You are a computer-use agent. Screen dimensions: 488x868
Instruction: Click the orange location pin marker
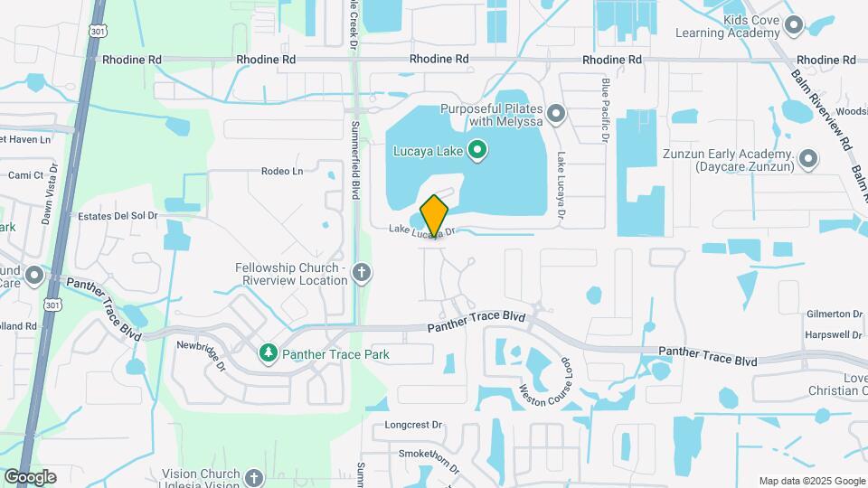click(x=434, y=215)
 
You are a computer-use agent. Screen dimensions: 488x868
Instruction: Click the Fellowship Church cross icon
click(x=362, y=272)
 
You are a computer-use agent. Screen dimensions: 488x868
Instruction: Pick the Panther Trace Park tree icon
click(x=268, y=353)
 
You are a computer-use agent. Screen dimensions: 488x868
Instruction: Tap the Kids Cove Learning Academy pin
click(x=795, y=24)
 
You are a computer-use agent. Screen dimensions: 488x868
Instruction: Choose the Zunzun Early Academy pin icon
click(x=808, y=160)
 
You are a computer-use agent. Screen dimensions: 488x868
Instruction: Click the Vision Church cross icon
click(x=254, y=477)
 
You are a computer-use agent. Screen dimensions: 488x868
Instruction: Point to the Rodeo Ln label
click(x=281, y=171)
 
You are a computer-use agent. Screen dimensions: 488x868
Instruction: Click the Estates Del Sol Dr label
click(x=118, y=216)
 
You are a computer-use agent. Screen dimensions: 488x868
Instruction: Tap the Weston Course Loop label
click(x=546, y=380)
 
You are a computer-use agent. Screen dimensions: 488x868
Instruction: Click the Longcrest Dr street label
click(x=413, y=424)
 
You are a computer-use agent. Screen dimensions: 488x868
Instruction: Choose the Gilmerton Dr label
click(x=833, y=314)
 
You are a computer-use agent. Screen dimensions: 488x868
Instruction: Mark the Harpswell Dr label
click(x=833, y=335)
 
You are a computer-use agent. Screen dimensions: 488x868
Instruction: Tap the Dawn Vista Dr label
click(x=50, y=193)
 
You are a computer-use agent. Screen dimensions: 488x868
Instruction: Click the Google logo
click(x=30, y=477)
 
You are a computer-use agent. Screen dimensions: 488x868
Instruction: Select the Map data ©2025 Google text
click(x=811, y=481)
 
